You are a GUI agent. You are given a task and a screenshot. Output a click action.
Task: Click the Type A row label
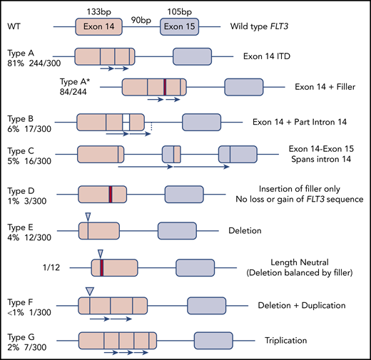pos(21,51)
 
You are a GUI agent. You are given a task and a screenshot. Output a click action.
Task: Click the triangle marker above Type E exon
pos(88,216)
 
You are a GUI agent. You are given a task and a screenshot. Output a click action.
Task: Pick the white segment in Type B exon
pos(126,121)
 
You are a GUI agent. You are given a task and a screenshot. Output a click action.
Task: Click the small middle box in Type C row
pos(172,153)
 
